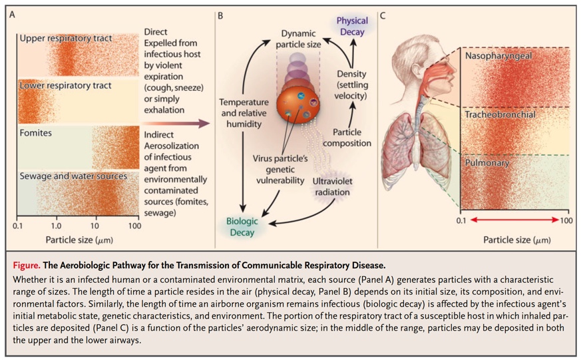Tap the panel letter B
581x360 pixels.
click(x=220, y=14)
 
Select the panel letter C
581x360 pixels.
click(x=382, y=14)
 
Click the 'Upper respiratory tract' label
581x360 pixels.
click(x=66, y=39)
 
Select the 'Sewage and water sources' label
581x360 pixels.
click(x=73, y=176)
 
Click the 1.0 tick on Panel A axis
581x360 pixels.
click(x=57, y=227)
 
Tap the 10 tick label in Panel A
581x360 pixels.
click(x=96, y=227)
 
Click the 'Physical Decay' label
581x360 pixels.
click(x=352, y=26)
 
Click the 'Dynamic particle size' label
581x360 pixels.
click(x=299, y=39)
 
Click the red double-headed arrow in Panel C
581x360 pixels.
click(x=515, y=220)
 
